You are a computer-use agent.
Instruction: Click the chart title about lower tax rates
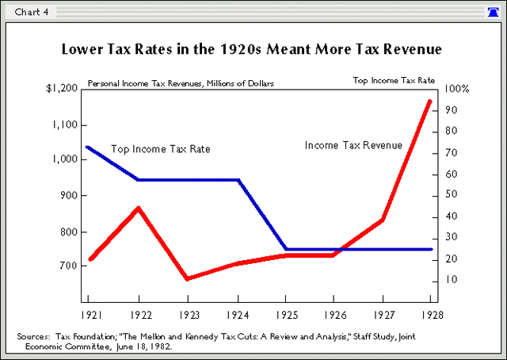(252, 50)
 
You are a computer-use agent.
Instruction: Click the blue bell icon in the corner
(494, 11)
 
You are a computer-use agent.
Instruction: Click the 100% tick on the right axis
(457, 89)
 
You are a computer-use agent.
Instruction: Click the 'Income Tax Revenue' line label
(353, 145)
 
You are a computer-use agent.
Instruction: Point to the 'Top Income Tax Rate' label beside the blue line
(160, 149)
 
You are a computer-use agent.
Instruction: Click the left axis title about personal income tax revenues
(181, 82)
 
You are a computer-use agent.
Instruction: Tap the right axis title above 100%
(393, 80)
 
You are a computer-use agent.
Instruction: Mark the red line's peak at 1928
(430, 101)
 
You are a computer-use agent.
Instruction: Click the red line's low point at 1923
(187, 278)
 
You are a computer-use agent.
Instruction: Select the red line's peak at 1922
(139, 209)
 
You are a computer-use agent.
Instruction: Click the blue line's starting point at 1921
(88, 147)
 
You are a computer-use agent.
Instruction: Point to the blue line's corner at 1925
(286, 249)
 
